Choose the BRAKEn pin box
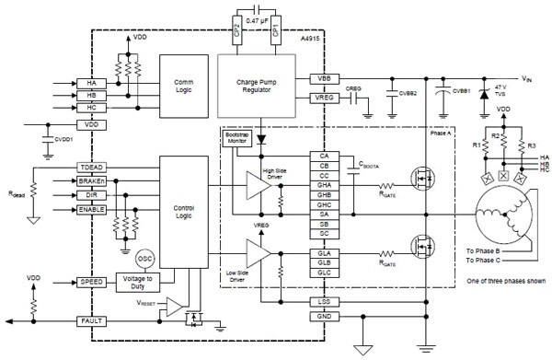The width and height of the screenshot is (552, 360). coord(93,182)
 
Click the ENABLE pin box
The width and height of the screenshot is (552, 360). coord(93,210)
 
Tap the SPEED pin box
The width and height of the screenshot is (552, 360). coord(93,282)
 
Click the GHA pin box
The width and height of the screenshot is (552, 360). coord(323,184)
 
